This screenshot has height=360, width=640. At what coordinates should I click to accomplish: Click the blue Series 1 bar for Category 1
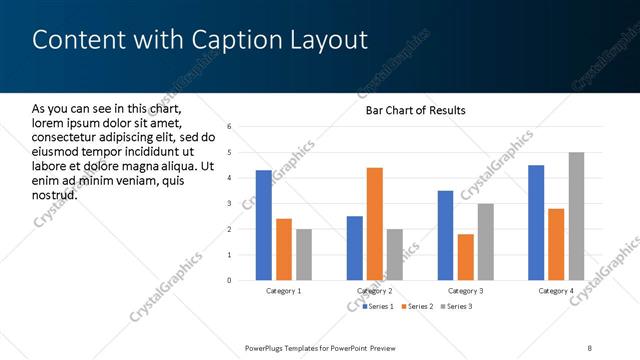(264, 225)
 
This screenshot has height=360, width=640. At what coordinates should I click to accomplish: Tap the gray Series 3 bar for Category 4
(577, 216)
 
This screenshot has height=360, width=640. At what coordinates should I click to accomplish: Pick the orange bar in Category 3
(466, 257)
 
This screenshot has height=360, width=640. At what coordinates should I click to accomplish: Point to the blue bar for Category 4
(536, 222)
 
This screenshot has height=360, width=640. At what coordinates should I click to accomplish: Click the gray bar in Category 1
(304, 254)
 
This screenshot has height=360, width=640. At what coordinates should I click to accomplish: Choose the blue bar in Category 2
(355, 248)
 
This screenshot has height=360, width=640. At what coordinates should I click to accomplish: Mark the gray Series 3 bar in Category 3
(486, 241)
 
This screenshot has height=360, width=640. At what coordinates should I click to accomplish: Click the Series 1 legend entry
(378, 306)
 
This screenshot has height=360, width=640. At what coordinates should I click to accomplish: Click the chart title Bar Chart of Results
(415, 110)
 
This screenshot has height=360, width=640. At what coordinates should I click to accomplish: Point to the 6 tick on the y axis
(230, 127)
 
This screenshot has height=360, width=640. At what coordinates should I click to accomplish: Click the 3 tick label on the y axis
(230, 204)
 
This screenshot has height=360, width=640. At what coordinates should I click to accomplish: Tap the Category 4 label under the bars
(556, 291)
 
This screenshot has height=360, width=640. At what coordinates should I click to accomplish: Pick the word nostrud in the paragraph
(55, 194)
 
